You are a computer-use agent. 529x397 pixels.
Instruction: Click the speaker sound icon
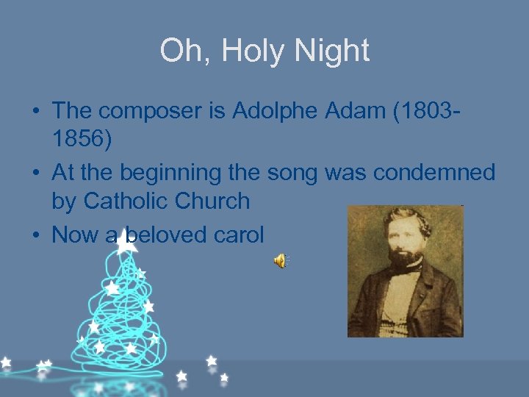[x=281, y=260]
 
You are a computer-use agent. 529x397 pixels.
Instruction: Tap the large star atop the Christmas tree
[x=127, y=240]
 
